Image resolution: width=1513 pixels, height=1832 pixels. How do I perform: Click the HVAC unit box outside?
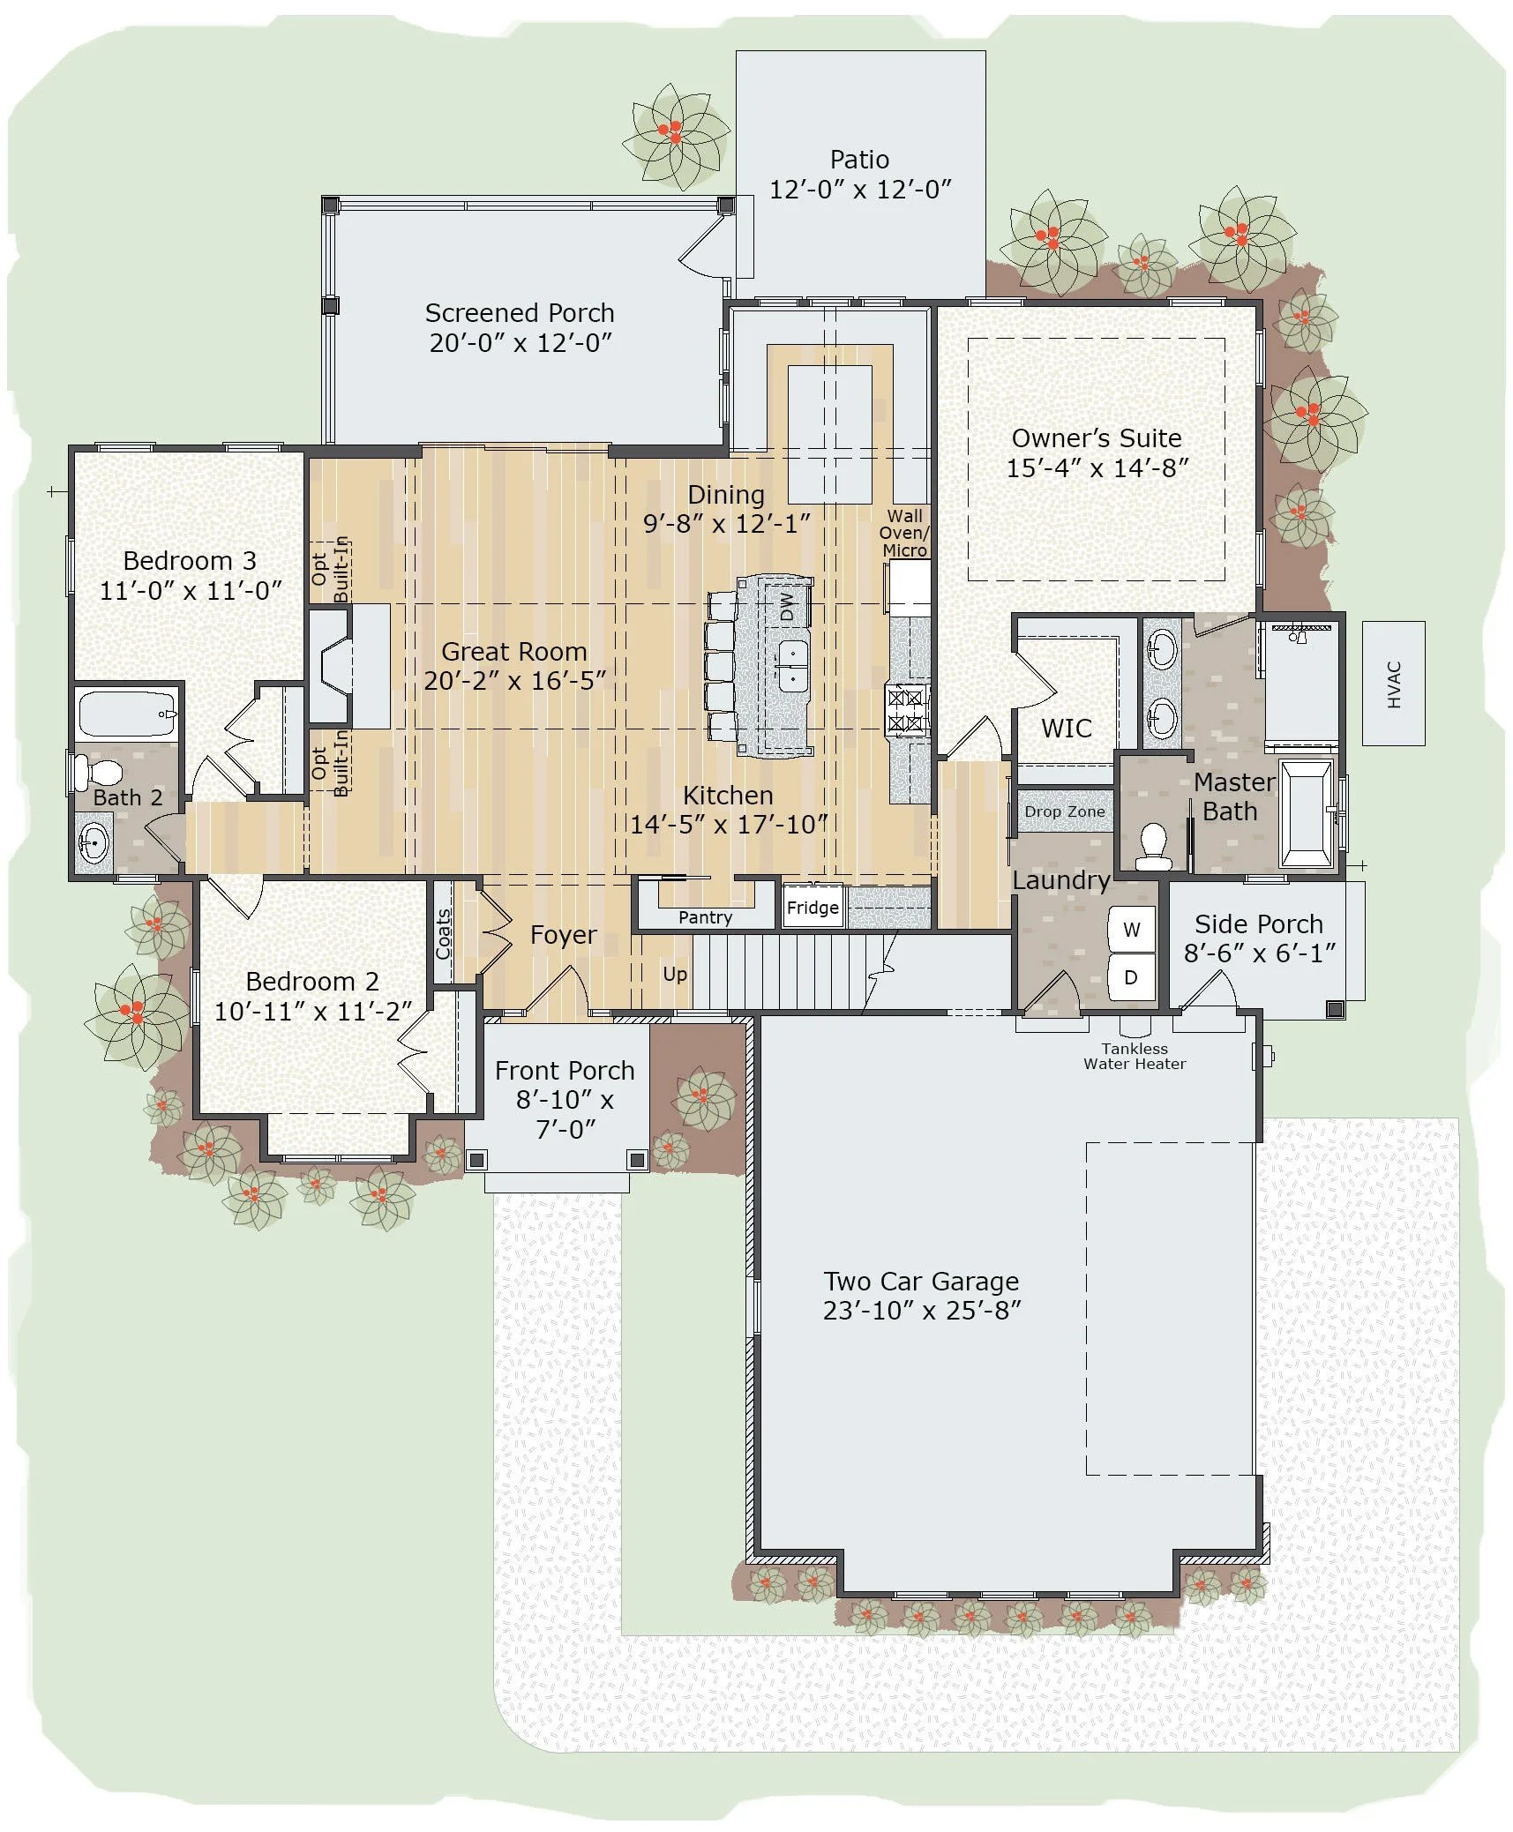(x=1392, y=684)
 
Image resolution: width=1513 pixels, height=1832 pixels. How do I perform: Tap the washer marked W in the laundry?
(x=1131, y=929)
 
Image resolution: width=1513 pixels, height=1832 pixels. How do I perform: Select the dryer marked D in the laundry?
(x=1131, y=977)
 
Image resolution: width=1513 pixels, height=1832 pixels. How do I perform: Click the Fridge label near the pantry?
(x=813, y=908)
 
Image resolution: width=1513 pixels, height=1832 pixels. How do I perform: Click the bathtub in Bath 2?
(x=127, y=714)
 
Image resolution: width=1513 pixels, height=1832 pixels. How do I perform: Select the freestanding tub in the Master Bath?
(x=1306, y=814)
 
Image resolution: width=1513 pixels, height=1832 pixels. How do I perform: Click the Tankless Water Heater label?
(x=1135, y=1056)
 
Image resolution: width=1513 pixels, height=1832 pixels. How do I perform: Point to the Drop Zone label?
(x=1064, y=811)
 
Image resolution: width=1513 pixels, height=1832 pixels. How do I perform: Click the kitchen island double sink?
(x=792, y=666)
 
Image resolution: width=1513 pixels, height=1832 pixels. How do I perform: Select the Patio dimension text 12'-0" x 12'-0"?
(x=860, y=190)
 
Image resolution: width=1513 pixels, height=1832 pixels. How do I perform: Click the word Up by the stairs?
(x=675, y=974)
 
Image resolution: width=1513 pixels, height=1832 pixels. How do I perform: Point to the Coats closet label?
(x=444, y=933)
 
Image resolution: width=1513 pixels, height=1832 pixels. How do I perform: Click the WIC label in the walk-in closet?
(x=1066, y=729)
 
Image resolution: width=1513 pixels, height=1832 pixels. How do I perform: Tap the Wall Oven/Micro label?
(x=904, y=533)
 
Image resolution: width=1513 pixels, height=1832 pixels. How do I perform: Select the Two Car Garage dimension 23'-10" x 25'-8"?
(x=921, y=1311)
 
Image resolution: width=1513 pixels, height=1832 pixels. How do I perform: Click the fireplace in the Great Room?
(x=338, y=666)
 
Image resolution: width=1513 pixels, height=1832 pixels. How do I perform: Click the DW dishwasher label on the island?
(x=787, y=606)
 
